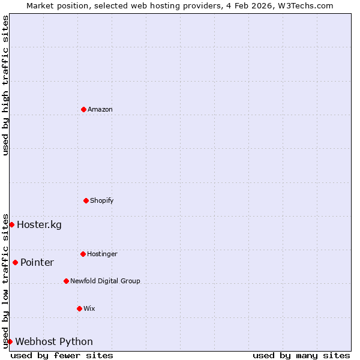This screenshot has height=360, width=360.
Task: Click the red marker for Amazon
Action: coord(83,109)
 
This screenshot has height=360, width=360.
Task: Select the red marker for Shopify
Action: coord(86,200)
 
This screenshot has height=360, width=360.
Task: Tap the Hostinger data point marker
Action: coord(83,254)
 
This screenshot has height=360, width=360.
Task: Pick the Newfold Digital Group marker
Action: coord(66,281)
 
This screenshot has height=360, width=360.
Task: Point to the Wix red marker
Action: coord(79,308)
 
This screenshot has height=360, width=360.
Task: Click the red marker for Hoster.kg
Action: coord(11,224)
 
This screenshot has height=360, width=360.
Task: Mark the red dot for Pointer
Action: coord(15,262)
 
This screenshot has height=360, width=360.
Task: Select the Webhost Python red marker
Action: coord(10,341)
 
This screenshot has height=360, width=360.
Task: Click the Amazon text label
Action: coord(100,109)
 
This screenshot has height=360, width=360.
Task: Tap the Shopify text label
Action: coord(102,200)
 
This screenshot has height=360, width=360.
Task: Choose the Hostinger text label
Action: coord(102,254)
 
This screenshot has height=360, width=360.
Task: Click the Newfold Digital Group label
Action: coord(105,281)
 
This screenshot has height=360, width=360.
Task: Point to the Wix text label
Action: coord(89,308)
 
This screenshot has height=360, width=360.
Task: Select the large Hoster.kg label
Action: coord(39,225)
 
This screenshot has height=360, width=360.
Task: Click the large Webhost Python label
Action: coord(54,342)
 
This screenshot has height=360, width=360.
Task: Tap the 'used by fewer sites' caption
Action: coord(62,355)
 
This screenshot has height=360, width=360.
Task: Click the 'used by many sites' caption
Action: coord(301,355)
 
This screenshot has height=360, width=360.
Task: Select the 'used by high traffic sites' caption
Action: coord(5,85)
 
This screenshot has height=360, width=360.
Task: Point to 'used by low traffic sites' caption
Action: coord(5,280)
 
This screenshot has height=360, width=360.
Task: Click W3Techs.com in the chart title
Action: coord(305,5)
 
